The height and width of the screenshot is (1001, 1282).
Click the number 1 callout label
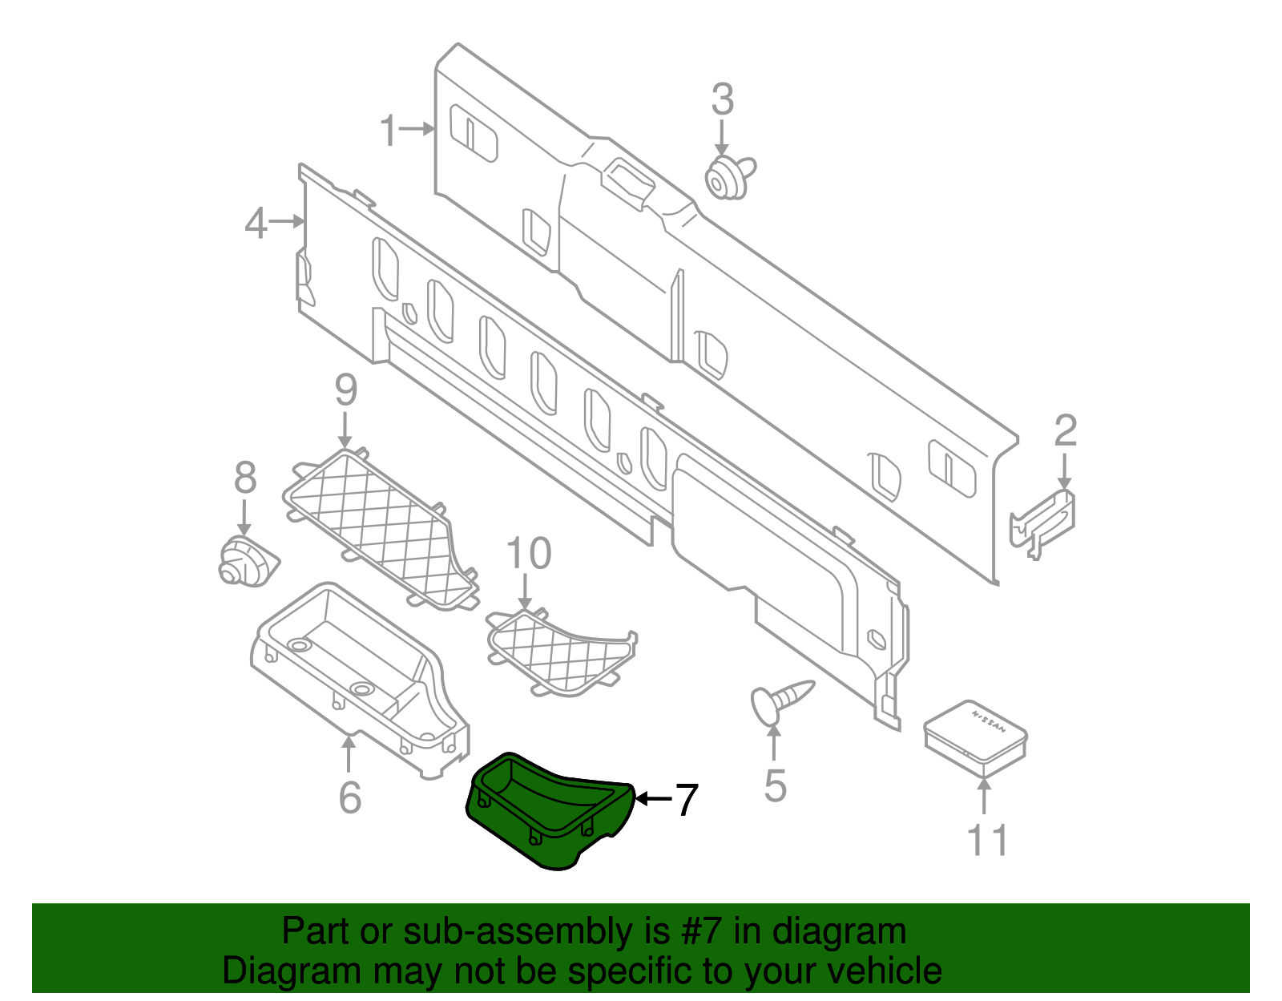click(389, 131)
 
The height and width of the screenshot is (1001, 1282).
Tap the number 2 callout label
click(1065, 431)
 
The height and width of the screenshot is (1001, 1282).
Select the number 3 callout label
click(722, 100)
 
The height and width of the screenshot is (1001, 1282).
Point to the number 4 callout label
click(256, 223)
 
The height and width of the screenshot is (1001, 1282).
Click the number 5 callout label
click(775, 785)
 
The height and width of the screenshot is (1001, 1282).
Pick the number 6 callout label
click(350, 797)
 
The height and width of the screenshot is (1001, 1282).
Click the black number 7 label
click(686, 800)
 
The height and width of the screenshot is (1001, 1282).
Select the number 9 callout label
click(345, 390)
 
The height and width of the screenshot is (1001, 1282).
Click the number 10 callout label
click(529, 554)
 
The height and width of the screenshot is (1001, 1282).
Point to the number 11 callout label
click(987, 840)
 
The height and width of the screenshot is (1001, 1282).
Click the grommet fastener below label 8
click(244, 562)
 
